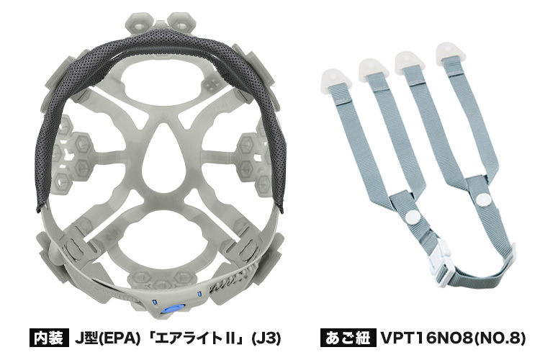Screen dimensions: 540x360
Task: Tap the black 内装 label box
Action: pyautogui.click(x=48, y=337)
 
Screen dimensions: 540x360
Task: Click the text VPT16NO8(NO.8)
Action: pyautogui.click(x=453, y=338)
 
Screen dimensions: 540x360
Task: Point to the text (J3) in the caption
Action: pyautogui.click(x=266, y=338)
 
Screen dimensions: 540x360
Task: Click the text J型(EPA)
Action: pyautogui.click(x=107, y=338)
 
